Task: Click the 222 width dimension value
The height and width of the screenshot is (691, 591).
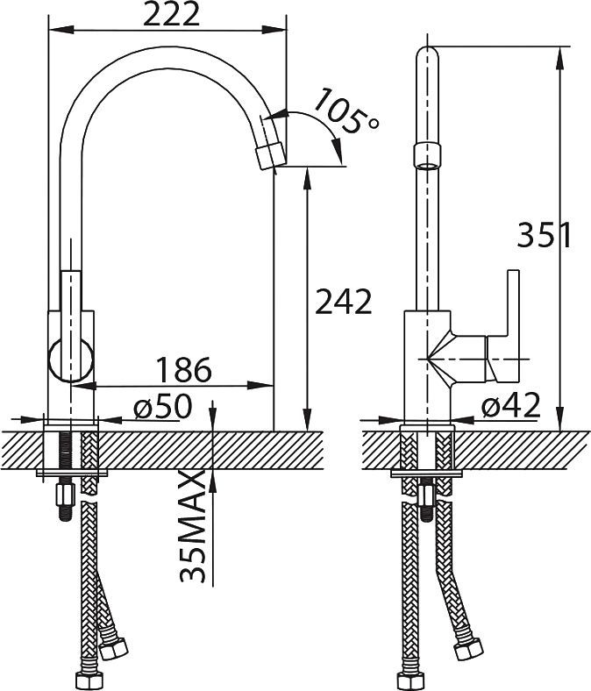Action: (x=172, y=16)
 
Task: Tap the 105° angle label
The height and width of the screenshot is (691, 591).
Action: (x=347, y=110)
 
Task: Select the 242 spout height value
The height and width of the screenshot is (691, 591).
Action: (x=345, y=302)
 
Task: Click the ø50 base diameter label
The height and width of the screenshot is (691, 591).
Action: (x=163, y=405)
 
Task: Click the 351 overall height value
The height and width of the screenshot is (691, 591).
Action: (x=545, y=235)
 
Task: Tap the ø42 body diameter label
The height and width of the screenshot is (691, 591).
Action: (x=510, y=405)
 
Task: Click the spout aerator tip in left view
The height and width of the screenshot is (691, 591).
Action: (x=271, y=156)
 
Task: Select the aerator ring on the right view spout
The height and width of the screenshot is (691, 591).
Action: (x=427, y=155)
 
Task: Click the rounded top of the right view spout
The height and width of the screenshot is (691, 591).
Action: (x=428, y=52)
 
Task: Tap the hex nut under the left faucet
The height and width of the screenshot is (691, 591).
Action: (x=65, y=495)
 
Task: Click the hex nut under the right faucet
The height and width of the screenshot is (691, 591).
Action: (x=425, y=495)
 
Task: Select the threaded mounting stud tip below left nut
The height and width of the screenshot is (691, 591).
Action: (x=65, y=514)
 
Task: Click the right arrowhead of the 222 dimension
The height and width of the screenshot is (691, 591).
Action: (x=274, y=30)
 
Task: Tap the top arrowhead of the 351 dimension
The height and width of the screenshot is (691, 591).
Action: (x=560, y=58)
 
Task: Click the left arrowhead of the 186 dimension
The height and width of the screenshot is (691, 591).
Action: (x=83, y=386)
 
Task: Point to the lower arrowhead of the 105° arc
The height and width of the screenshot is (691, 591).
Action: (x=337, y=151)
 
